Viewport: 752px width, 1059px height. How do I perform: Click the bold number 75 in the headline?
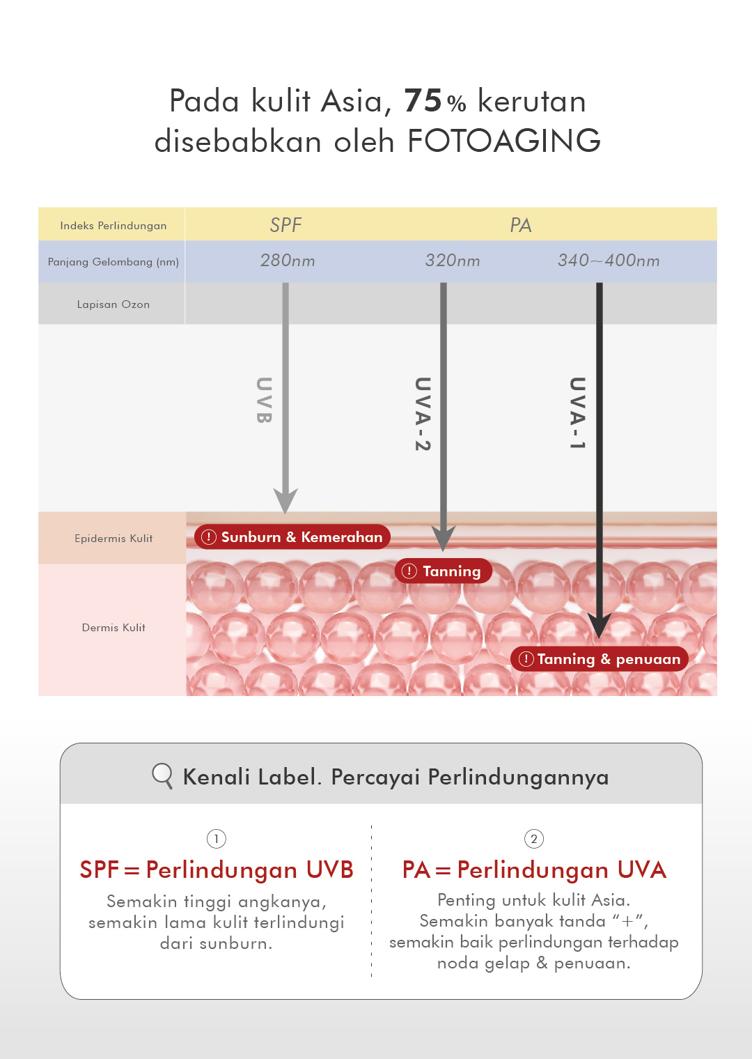[x=423, y=101]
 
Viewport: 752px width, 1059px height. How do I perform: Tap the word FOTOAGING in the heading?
[x=503, y=141]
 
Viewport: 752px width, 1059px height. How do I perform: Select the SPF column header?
[x=285, y=225]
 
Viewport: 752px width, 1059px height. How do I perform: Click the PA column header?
[x=520, y=225]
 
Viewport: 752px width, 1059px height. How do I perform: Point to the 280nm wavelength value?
[x=288, y=261]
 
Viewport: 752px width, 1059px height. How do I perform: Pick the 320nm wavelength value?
[x=453, y=261]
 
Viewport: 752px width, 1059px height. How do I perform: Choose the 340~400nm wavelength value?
[x=609, y=261]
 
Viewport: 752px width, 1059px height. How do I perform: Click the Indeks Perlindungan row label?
[x=113, y=226]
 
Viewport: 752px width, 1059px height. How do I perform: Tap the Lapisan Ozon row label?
[x=113, y=304]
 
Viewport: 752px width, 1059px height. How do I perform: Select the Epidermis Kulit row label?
[x=113, y=539]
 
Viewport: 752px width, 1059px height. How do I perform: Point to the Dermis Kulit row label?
[x=113, y=628]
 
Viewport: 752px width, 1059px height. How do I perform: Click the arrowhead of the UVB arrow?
[x=285, y=500]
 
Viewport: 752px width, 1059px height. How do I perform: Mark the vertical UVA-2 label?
[x=423, y=414]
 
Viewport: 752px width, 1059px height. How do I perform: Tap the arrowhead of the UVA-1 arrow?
[x=599, y=626]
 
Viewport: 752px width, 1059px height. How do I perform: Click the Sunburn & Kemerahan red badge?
[x=292, y=537]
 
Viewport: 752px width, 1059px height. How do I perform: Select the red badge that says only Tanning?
[x=444, y=571]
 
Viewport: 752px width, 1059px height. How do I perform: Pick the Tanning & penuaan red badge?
[x=600, y=659]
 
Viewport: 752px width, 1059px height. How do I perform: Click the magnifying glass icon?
[x=162, y=775]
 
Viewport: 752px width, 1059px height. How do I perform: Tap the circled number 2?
[x=534, y=839]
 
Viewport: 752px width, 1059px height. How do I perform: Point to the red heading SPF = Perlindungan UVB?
[x=217, y=870]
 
